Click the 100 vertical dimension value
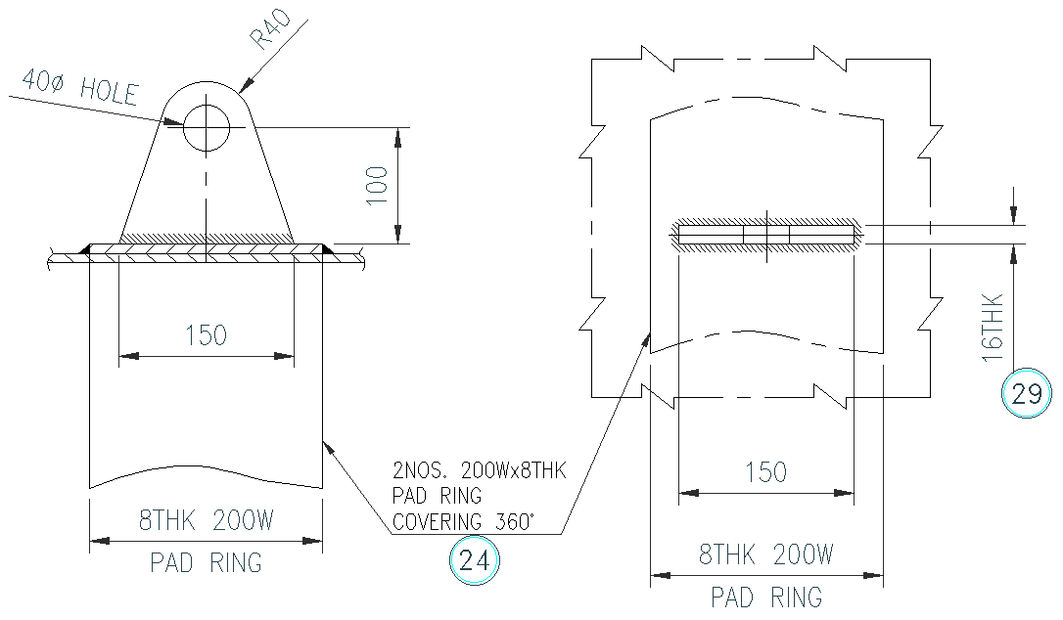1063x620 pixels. click(378, 184)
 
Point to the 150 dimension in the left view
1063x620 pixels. click(206, 335)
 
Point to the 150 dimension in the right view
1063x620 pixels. click(765, 472)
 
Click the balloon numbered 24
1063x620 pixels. click(474, 561)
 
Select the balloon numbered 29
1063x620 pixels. click(1027, 395)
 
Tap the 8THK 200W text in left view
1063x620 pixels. click(206, 521)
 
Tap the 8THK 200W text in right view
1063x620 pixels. click(765, 555)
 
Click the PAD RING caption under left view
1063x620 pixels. click(206, 563)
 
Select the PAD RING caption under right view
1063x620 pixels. click(765, 596)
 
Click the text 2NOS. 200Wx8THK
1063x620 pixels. click(479, 472)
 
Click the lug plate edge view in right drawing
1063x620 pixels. click(765, 235)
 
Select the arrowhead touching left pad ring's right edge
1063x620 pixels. click(330, 445)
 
